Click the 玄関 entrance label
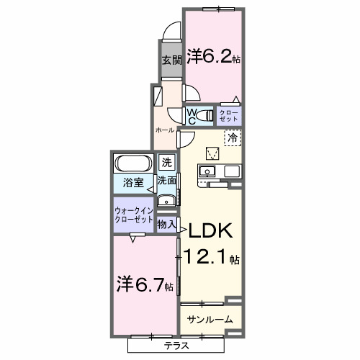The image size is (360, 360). pos(170,60)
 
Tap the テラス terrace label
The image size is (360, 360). pos(177,346)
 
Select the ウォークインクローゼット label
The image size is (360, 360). pos(133,217)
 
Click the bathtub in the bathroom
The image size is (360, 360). pos(132,163)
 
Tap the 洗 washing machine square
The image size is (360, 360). pos(166,163)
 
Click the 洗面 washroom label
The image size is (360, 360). pos(167,181)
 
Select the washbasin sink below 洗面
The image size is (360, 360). pos(166,201)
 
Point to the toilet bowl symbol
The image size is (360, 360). pos(208,114)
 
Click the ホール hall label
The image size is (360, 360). pos(165,130)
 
